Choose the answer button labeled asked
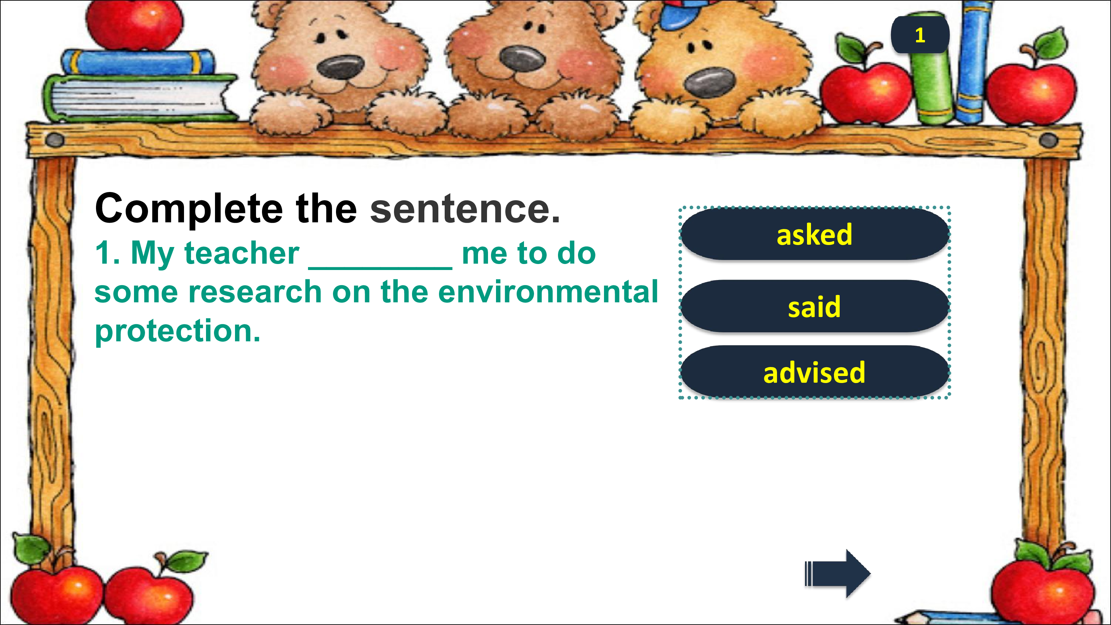pos(815,234)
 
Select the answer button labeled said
pos(815,306)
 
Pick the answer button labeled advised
pos(815,372)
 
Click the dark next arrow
pos(838,574)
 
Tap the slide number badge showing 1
pos(920,35)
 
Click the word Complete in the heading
pos(189,209)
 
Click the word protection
pos(178,332)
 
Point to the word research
pos(255,292)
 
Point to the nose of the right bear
pos(709,82)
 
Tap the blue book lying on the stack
pos(138,63)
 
